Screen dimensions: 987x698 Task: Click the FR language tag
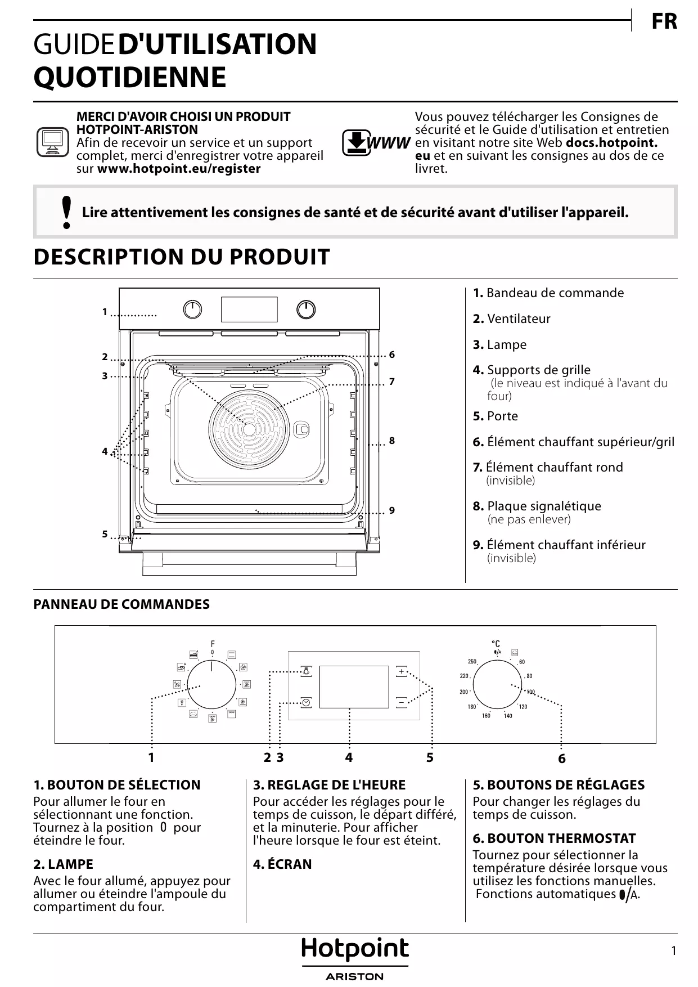664,22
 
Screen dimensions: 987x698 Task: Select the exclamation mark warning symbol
67,212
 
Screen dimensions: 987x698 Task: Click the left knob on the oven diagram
192,309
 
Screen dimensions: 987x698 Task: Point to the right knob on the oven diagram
306,309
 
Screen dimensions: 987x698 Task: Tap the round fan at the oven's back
249,428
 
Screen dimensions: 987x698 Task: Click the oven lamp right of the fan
303,429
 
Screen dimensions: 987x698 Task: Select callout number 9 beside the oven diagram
392,510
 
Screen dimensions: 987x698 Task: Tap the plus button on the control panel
401,671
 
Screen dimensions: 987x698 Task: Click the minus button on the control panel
401,702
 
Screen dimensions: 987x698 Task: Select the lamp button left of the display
306,671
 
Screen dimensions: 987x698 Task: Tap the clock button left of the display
306,702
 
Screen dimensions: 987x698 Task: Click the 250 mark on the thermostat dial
472,662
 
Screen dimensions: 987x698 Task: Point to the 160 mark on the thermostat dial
486,716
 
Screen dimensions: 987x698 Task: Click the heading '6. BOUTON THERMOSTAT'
554,838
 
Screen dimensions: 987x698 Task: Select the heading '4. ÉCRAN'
282,864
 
